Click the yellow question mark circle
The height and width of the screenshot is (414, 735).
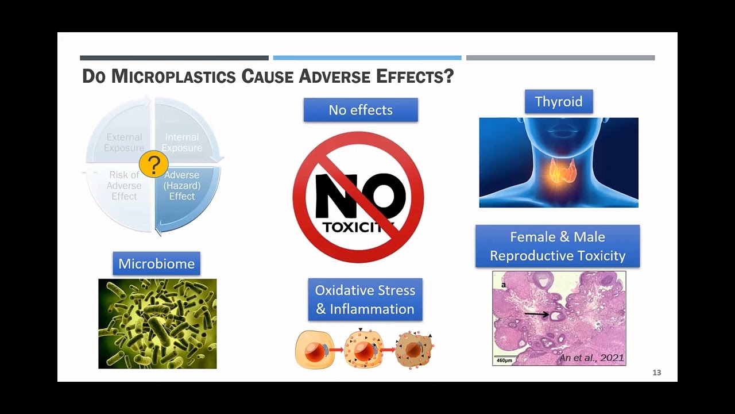(x=153, y=164)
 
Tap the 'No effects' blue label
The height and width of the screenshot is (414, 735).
(x=361, y=110)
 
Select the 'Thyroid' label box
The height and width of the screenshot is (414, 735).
(x=559, y=102)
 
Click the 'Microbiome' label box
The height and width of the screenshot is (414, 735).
(x=156, y=264)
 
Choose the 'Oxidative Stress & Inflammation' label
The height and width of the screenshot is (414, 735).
(x=365, y=300)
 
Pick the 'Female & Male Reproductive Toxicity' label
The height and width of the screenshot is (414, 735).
(x=558, y=246)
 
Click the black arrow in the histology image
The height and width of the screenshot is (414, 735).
(x=536, y=315)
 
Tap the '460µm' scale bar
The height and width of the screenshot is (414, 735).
(x=505, y=359)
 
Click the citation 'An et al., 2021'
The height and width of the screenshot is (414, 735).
(x=591, y=358)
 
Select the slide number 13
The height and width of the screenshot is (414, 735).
(x=656, y=373)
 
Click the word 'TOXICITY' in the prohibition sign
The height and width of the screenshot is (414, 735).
(x=358, y=227)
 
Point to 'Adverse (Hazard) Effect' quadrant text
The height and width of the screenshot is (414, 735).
(x=181, y=186)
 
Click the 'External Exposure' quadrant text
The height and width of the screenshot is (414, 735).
(x=124, y=143)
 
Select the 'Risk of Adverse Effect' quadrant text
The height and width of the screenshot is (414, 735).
(x=124, y=186)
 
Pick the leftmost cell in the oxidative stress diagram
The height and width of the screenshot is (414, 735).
(x=314, y=350)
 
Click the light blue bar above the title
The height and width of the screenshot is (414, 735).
(x=367, y=58)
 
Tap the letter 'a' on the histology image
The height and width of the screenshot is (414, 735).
(x=504, y=285)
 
